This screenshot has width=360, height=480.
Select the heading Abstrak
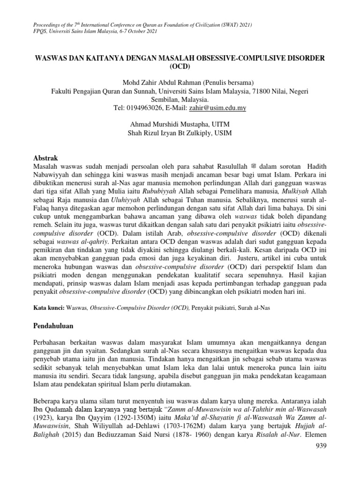(48, 159)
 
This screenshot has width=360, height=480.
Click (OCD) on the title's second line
(180, 67)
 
